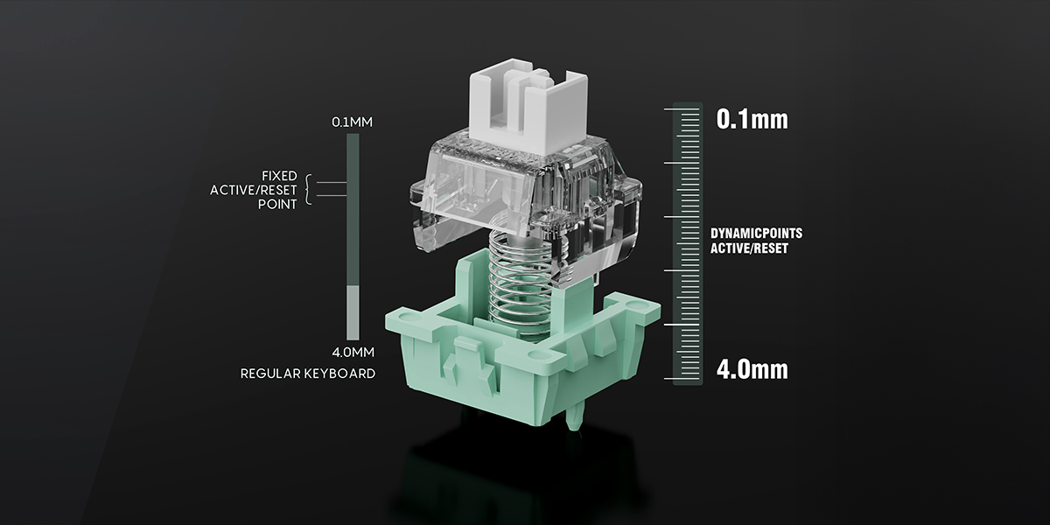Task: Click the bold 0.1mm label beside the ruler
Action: (x=752, y=119)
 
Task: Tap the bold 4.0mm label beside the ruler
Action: (x=752, y=369)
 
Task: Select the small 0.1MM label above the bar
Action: (x=352, y=122)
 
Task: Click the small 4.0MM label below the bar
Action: (x=353, y=352)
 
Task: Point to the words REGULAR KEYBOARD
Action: (x=307, y=374)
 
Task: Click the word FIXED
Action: (x=279, y=176)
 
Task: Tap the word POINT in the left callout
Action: (x=277, y=205)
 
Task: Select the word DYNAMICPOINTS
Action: (x=756, y=234)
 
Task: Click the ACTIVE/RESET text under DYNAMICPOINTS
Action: (x=749, y=248)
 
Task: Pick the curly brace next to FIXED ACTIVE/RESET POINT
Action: (x=308, y=190)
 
